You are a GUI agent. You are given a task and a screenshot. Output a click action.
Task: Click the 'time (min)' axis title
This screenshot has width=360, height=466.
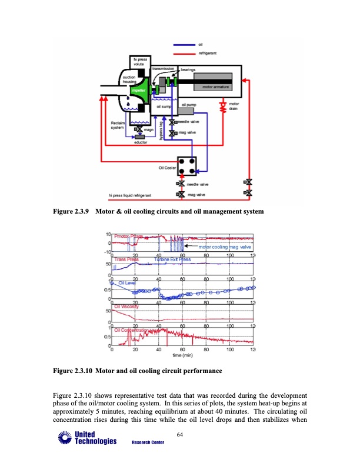pos(182,356)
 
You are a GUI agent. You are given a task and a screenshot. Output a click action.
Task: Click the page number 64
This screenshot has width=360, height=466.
pos(180,435)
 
